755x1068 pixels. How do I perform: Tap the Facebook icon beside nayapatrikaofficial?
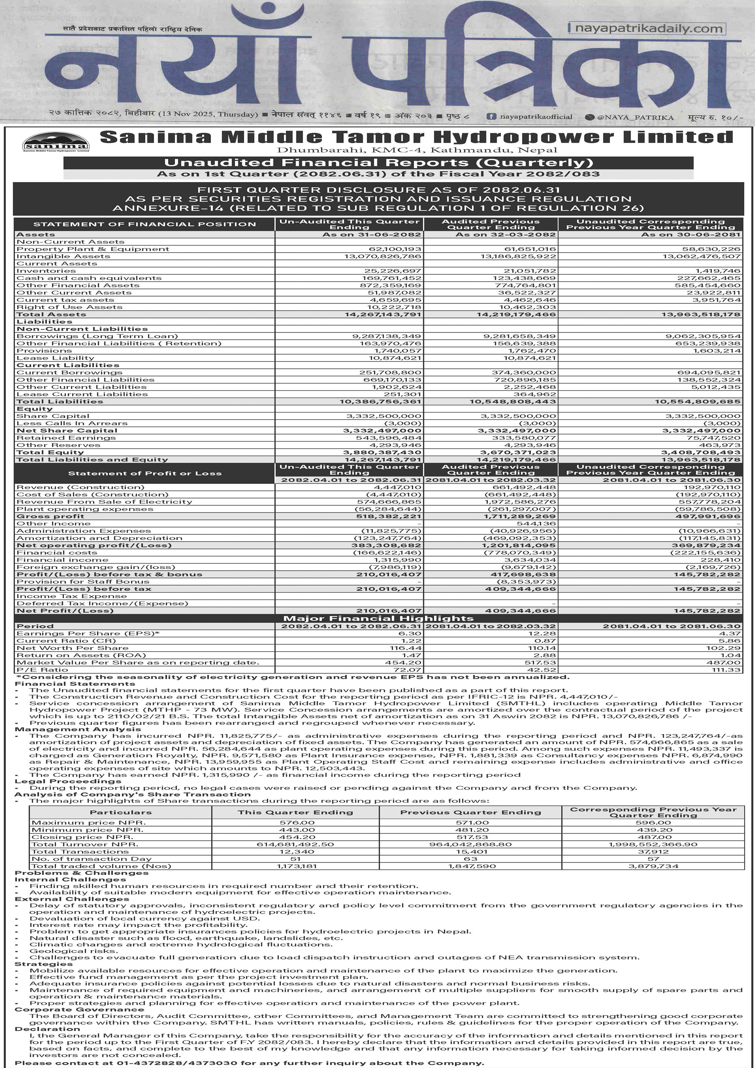[x=491, y=117]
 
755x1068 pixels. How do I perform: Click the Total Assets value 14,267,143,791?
[x=383, y=314]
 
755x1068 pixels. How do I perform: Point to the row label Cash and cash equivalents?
[x=89, y=278]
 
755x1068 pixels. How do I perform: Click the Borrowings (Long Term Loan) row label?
[x=97, y=336]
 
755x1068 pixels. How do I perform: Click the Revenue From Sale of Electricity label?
[x=104, y=502]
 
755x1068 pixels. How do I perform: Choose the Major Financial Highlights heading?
[x=378, y=618]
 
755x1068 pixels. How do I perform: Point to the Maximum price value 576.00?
[x=295, y=822]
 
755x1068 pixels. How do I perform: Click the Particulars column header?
[x=121, y=812]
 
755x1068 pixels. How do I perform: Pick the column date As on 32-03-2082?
[x=505, y=234]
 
